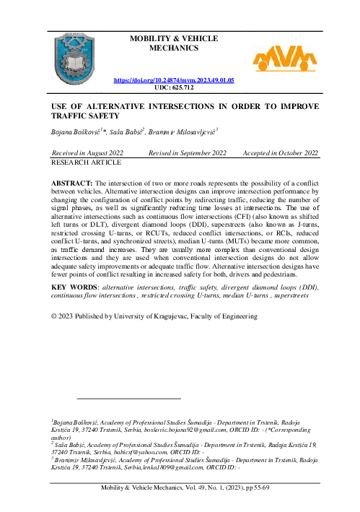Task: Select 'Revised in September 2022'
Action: point(188,153)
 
